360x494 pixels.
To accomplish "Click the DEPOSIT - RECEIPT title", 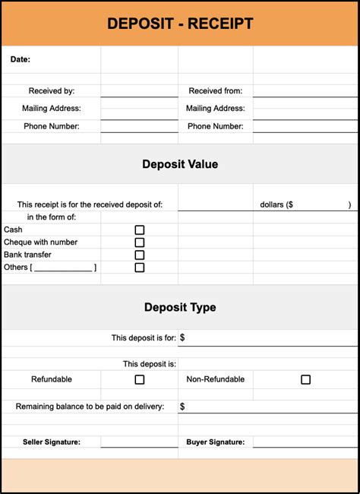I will (180, 24).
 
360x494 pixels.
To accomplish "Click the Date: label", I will (21, 59).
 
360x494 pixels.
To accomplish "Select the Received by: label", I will (52, 91).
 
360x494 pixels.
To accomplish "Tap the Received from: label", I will (216, 91).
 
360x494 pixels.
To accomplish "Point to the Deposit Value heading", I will (180, 164).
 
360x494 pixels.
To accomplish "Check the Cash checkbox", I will (140, 230).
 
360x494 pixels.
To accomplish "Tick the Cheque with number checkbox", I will (140, 242).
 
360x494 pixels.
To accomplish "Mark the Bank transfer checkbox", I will (140, 255).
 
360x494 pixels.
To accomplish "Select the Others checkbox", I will (140, 268).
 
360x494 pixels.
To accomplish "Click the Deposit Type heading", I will (180, 308).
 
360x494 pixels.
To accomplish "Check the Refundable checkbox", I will (140, 379).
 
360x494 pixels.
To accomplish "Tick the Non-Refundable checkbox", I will (306, 379).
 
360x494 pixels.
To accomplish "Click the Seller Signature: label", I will (52, 442).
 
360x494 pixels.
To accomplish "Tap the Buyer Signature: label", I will (216, 442).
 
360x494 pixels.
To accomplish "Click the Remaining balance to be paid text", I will (90, 407).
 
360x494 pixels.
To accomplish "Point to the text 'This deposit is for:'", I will (144, 337).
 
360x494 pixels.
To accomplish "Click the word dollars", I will (271, 204).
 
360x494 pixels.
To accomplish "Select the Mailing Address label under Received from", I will (216, 109).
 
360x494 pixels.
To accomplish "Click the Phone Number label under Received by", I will (52, 126).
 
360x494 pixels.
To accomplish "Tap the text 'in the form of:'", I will (52, 217).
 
